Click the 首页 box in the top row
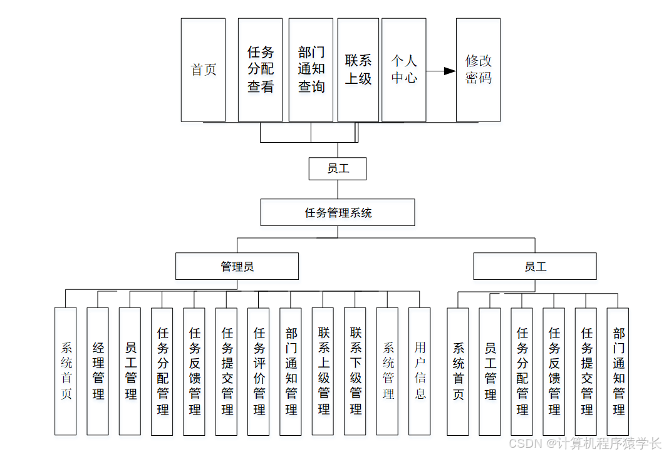[203, 70]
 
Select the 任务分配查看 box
[260, 70]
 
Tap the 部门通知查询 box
[311, 70]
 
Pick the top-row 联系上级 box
[358, 70]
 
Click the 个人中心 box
[404, 70]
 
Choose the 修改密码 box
[478, 70]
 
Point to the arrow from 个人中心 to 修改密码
[441, 71]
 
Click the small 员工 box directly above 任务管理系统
[338, 168]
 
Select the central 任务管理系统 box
[338, 212]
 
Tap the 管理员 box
[237, 266]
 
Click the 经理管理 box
[98, 371]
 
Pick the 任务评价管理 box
[259, 371]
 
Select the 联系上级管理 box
[323, 371]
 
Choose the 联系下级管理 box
[355, 371]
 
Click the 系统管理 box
[388, 371]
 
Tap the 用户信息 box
[420, 371]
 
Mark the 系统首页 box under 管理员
[66, 371]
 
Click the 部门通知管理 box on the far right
[618, 371]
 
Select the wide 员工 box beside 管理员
[535, 266]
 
